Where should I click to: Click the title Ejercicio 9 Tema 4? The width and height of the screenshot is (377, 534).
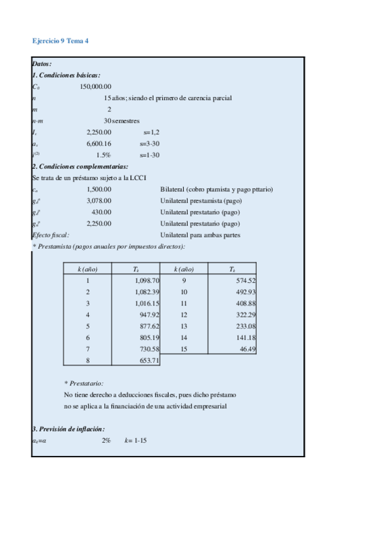pyautogui.click(x=60, y=40)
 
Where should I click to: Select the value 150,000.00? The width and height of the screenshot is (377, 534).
pyautogui.click(x=96, y=86)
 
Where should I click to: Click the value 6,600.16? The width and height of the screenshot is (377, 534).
pyautogui.click(x=99, y=144)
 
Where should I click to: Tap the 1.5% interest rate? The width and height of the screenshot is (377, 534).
pyautogui.click(x=103, y=155)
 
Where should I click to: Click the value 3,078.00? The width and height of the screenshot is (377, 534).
pyautogui.click(x=99, y=201)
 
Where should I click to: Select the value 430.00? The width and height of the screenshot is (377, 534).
pyautogui.click(x=101, y=212)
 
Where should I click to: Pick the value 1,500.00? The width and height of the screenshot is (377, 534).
pyautogui.click(x=99, y=190)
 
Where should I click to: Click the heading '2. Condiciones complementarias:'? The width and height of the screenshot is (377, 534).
pyautogui.click(x=80, y=167)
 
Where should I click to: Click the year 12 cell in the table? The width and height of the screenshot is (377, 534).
pyautogui.click(x=184, y=314)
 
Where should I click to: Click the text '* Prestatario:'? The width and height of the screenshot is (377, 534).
pyautogui.click(x=84, y=383)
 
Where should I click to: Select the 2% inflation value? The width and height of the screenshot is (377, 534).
pyautogui.click(x=106, y=440)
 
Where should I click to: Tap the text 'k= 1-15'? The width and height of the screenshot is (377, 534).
pyautogui.click(x=135, y=440)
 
